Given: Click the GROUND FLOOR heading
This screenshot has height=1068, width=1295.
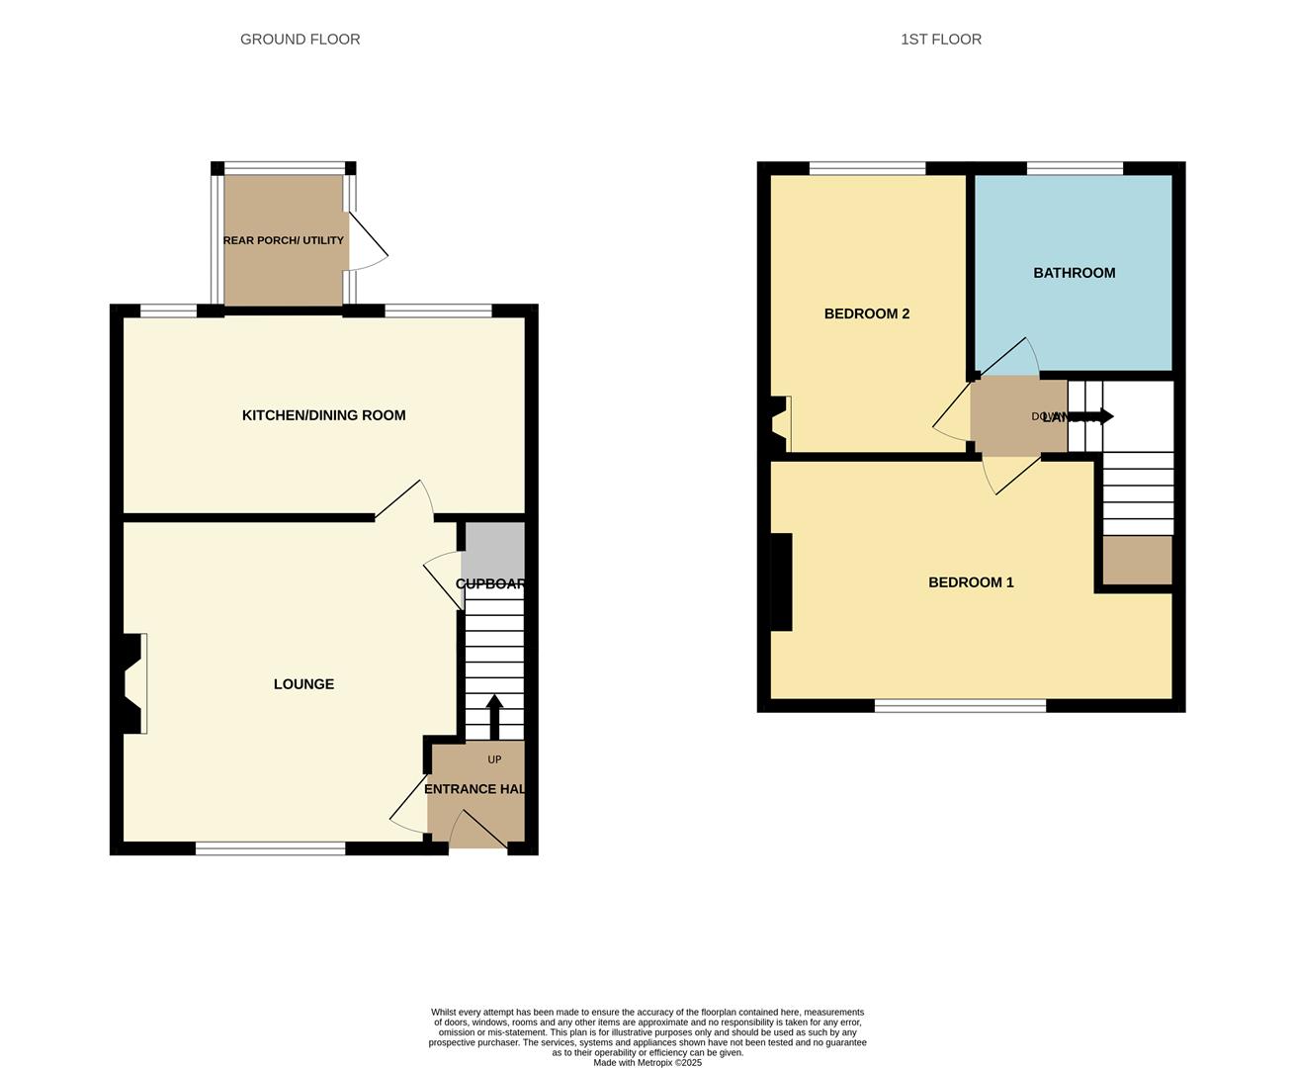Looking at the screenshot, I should pos(300,40).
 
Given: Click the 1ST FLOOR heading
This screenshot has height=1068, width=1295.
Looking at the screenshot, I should pos(940,40).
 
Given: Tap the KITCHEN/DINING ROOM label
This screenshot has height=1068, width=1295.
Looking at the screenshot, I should pos(323,415).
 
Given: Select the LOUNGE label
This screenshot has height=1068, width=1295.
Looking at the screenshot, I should pos(303,684).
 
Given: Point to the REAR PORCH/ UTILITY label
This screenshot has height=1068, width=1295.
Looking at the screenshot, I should pos(284,240).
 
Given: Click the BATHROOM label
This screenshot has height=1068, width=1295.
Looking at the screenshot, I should pos(1074,273).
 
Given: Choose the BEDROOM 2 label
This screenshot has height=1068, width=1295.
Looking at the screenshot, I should pos(866,313).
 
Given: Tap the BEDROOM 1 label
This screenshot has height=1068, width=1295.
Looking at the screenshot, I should pos(971,582).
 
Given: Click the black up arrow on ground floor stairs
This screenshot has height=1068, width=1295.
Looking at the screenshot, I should pos(494,716).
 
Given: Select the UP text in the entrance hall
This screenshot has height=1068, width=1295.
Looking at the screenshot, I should pos(494,759).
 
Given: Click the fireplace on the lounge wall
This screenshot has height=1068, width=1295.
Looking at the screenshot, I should pos(132,683).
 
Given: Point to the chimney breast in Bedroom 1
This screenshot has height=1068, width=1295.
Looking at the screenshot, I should pos(781,581).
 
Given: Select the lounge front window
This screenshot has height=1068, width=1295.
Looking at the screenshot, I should pos(270,847).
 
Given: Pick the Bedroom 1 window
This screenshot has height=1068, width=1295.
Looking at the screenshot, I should pos(960,705).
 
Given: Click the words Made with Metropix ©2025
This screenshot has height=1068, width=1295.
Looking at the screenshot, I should pos(647,1063).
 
